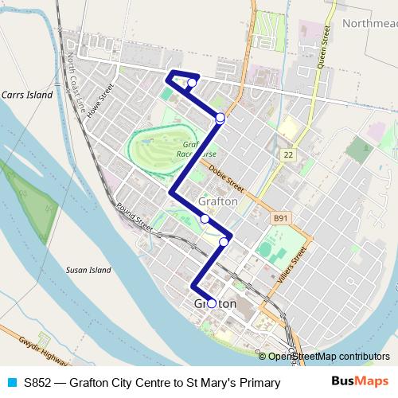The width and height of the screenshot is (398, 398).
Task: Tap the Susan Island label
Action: click(88, 270)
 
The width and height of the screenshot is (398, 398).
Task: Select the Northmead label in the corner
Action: click(369, 23)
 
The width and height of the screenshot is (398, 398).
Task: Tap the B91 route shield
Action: click(279, 217)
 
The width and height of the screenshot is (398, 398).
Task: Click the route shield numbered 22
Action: click(287, 155)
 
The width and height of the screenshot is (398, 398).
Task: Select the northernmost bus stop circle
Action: click(192, 83)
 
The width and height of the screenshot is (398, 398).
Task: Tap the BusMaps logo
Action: click(360, 382)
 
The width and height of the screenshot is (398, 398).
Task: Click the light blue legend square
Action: click(12, 383)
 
